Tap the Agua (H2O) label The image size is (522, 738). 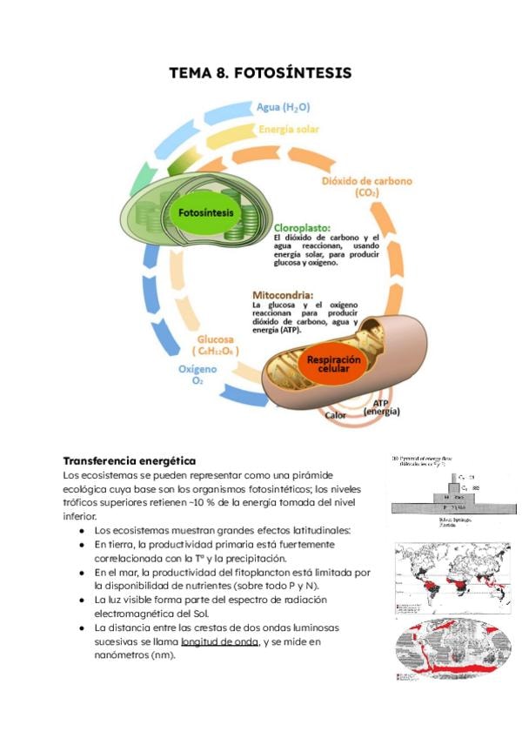pos(283,107)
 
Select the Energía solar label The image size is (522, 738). pos(288,129)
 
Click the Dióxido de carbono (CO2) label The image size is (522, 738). pos(366,186)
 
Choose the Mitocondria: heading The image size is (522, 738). pos(283,294)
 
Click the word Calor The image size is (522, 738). pos(335,415)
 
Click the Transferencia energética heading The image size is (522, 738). pos(130,460)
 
